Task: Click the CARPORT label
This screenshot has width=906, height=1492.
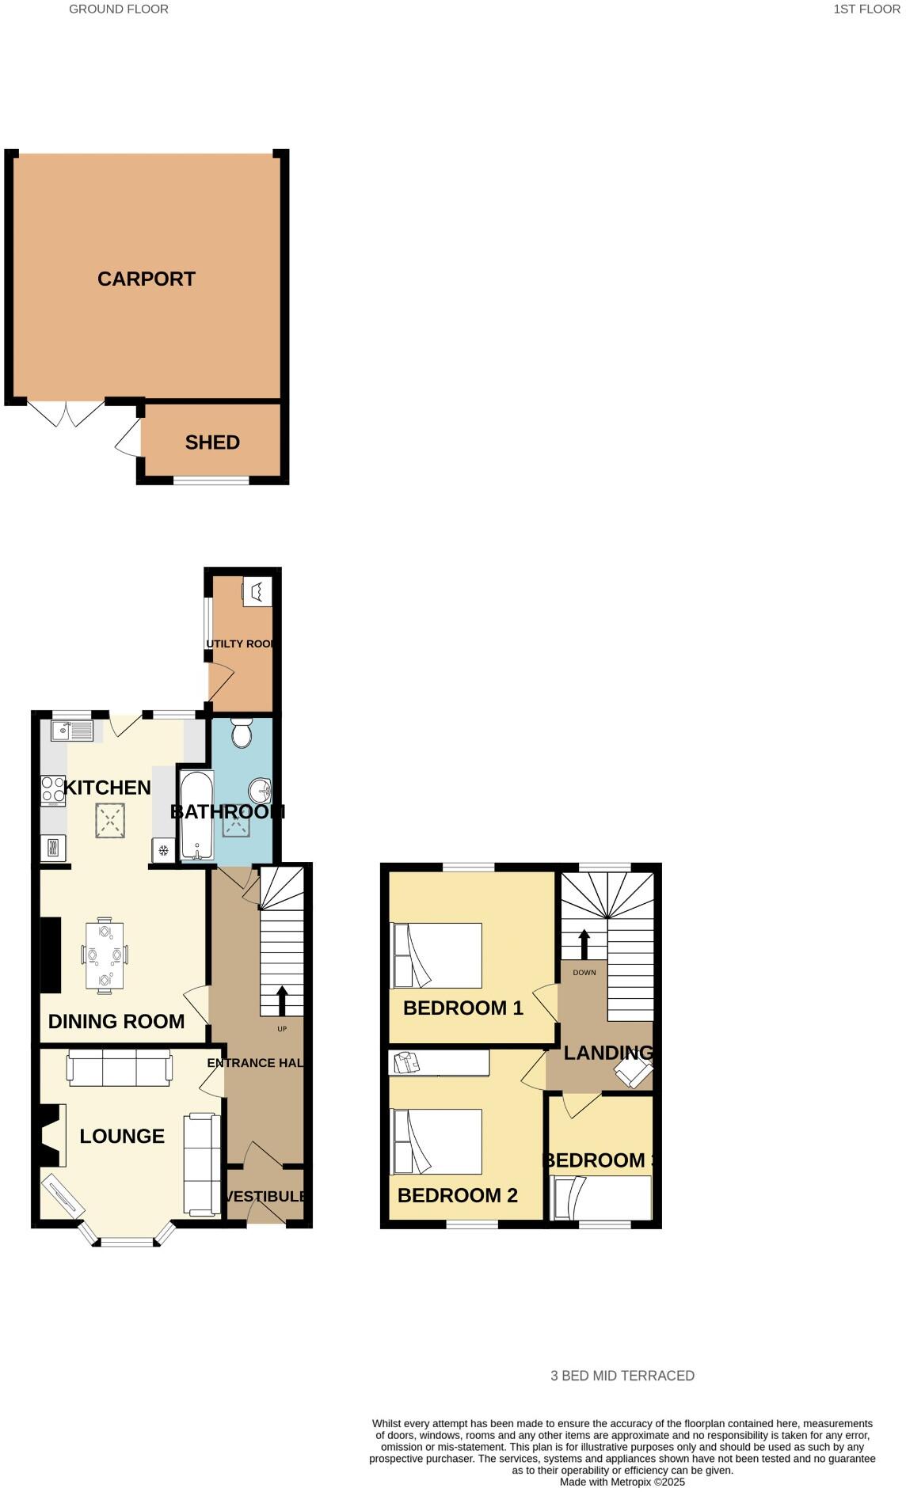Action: pos(147,279)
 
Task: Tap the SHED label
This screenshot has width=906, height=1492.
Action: pos(212,442)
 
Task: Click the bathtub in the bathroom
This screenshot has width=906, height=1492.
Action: pos(196,815)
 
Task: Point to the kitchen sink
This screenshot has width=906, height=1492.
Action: pos(72,730)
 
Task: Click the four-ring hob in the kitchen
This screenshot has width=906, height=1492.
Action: pos(53,790)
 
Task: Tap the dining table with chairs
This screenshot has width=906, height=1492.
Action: pos(105,955)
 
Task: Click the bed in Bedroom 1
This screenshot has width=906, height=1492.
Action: pos(436,955)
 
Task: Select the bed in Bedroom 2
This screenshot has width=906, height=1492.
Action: pos(436,1141)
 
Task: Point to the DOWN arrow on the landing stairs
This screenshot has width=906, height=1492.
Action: pos(584,943)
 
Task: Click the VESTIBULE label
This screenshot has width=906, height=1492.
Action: pos(266,1196)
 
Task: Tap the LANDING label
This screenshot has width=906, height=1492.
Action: pos(608,1053)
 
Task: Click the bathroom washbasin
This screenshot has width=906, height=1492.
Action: pos(260,790)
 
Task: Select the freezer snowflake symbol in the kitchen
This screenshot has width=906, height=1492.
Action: pos(164,851)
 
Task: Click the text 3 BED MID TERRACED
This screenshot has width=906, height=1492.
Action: pos(622,1376)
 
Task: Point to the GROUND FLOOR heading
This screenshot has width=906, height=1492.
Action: pos(119,9)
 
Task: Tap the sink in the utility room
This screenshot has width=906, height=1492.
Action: pos(257,591)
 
